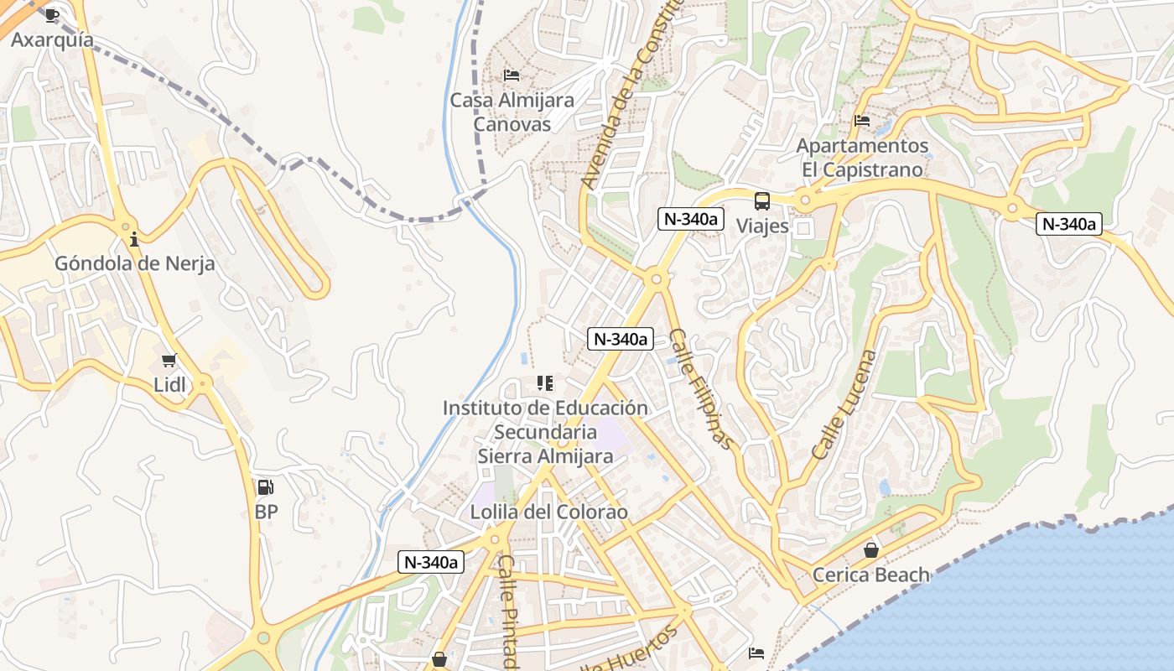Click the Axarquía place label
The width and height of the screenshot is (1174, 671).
tap(52, 39)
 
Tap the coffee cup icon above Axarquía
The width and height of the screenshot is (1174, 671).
tap(52, 15)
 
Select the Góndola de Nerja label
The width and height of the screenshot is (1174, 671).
tap(134, 263)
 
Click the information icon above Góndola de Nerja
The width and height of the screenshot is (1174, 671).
tap(134, 240)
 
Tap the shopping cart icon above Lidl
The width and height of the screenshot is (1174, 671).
tap(169, 361)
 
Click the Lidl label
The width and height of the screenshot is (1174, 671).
tap(169, 385)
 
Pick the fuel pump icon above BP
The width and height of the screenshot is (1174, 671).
tap(266, 486)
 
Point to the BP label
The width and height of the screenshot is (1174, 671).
tap(266, 511)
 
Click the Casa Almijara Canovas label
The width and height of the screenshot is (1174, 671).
tap(512, 112)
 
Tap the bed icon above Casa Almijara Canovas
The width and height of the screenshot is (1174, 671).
tap(512, 75)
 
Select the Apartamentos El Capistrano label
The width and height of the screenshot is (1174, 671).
tap(862, 158)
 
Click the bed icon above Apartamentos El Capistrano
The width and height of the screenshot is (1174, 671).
tap(862, 121)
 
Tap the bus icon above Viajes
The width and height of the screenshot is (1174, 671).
tap(762, 201)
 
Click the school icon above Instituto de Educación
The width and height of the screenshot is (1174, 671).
tap(545, 383)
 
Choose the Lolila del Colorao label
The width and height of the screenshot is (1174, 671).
tap(548, 512)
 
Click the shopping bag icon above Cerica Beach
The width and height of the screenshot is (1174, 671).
tap(871, 550)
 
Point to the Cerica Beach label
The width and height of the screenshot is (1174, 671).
tap(871, 575)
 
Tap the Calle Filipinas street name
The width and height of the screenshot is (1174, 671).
tap(704, 388)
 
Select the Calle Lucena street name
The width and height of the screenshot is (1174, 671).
tap(845, 404)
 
